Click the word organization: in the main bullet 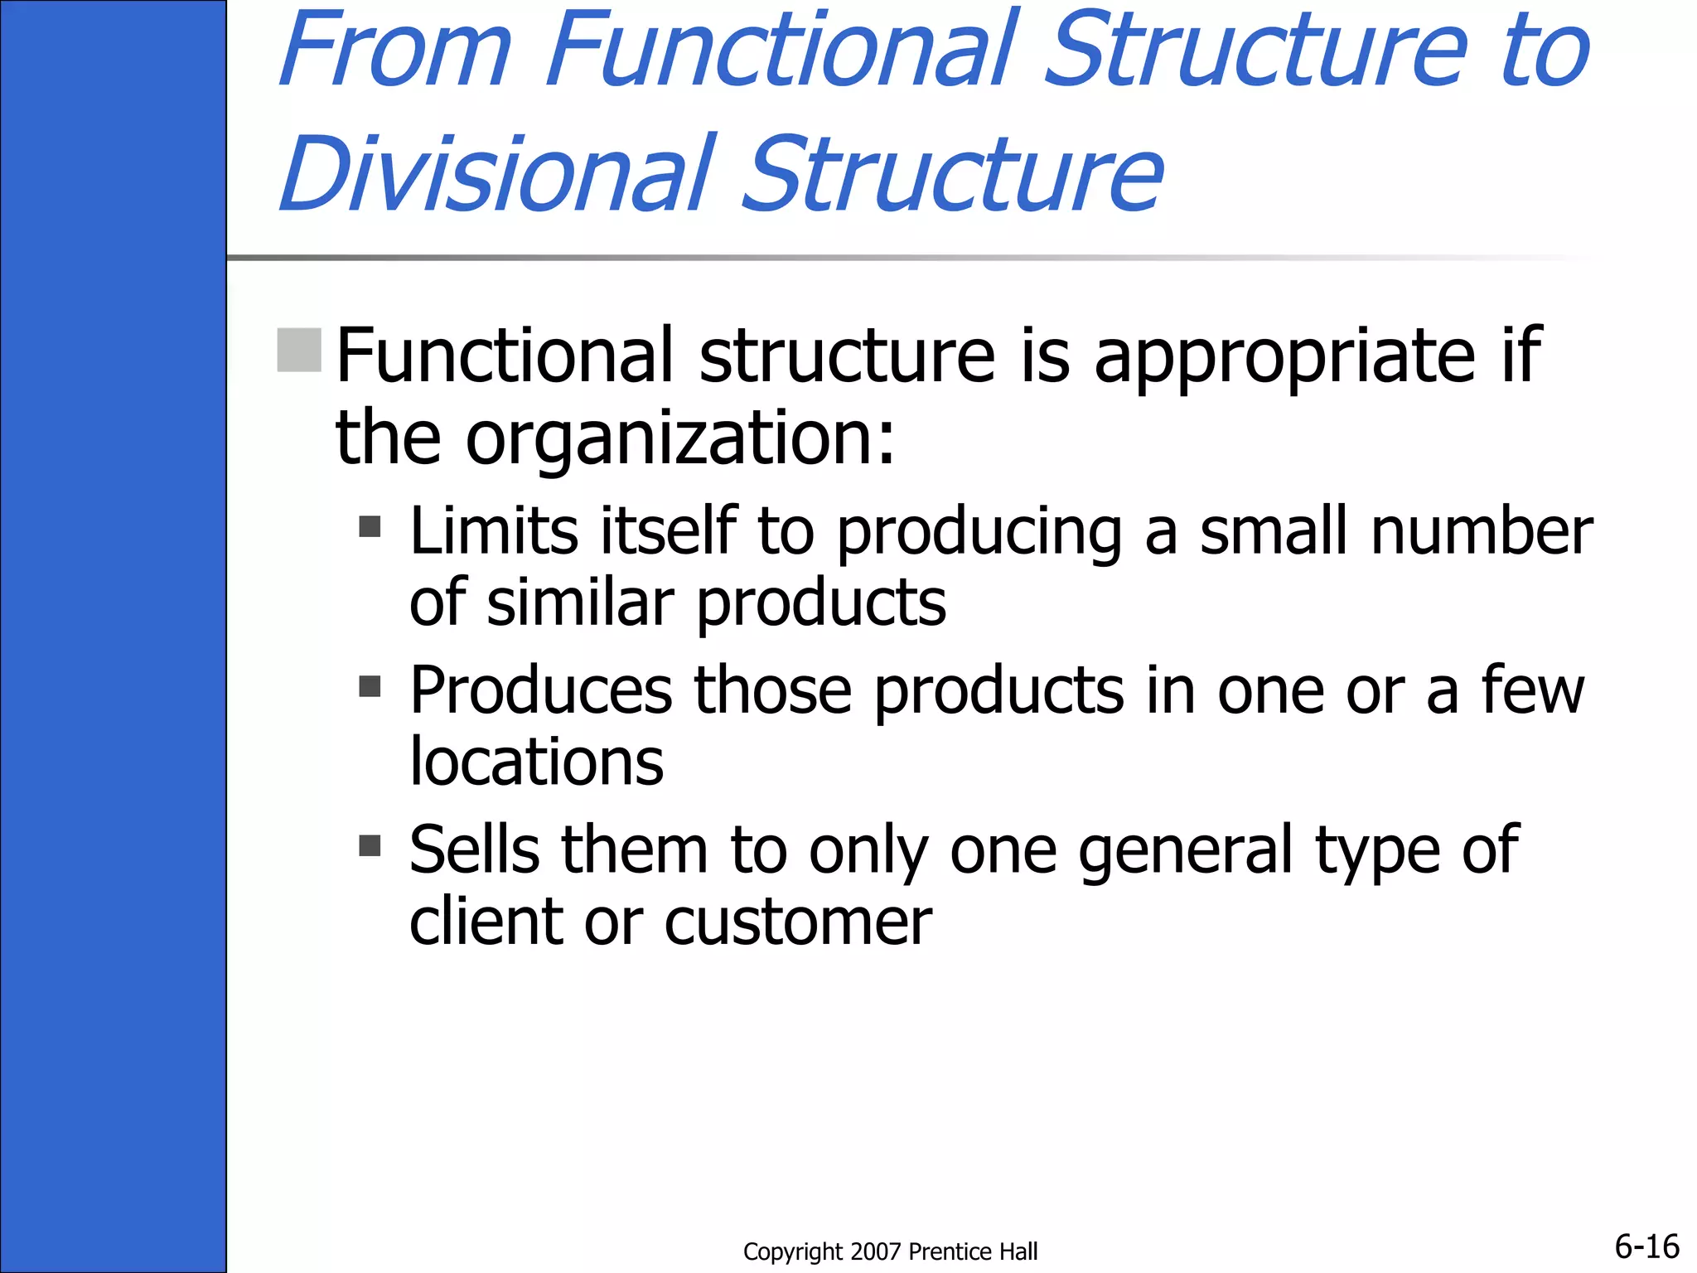(680, 438)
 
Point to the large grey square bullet (299, 350)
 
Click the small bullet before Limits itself (370, 527)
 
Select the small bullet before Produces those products (370, 686)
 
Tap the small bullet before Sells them (370, 845)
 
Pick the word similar (580, 603)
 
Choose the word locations (537, 762)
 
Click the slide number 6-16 (1646, 1246)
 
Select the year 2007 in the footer (875, 1251)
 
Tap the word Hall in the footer (1019, 1251)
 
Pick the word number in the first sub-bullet (1482, 530)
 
